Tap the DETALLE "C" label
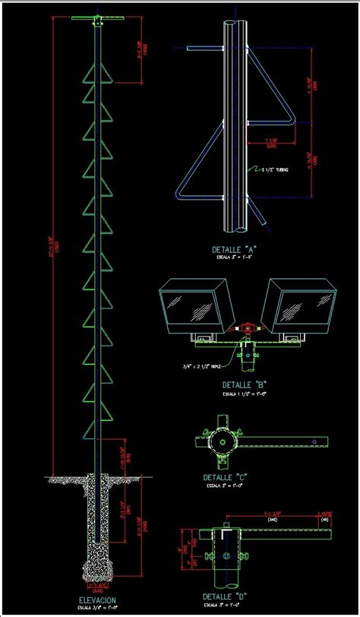[227, 477]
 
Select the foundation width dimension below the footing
[96, 586]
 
